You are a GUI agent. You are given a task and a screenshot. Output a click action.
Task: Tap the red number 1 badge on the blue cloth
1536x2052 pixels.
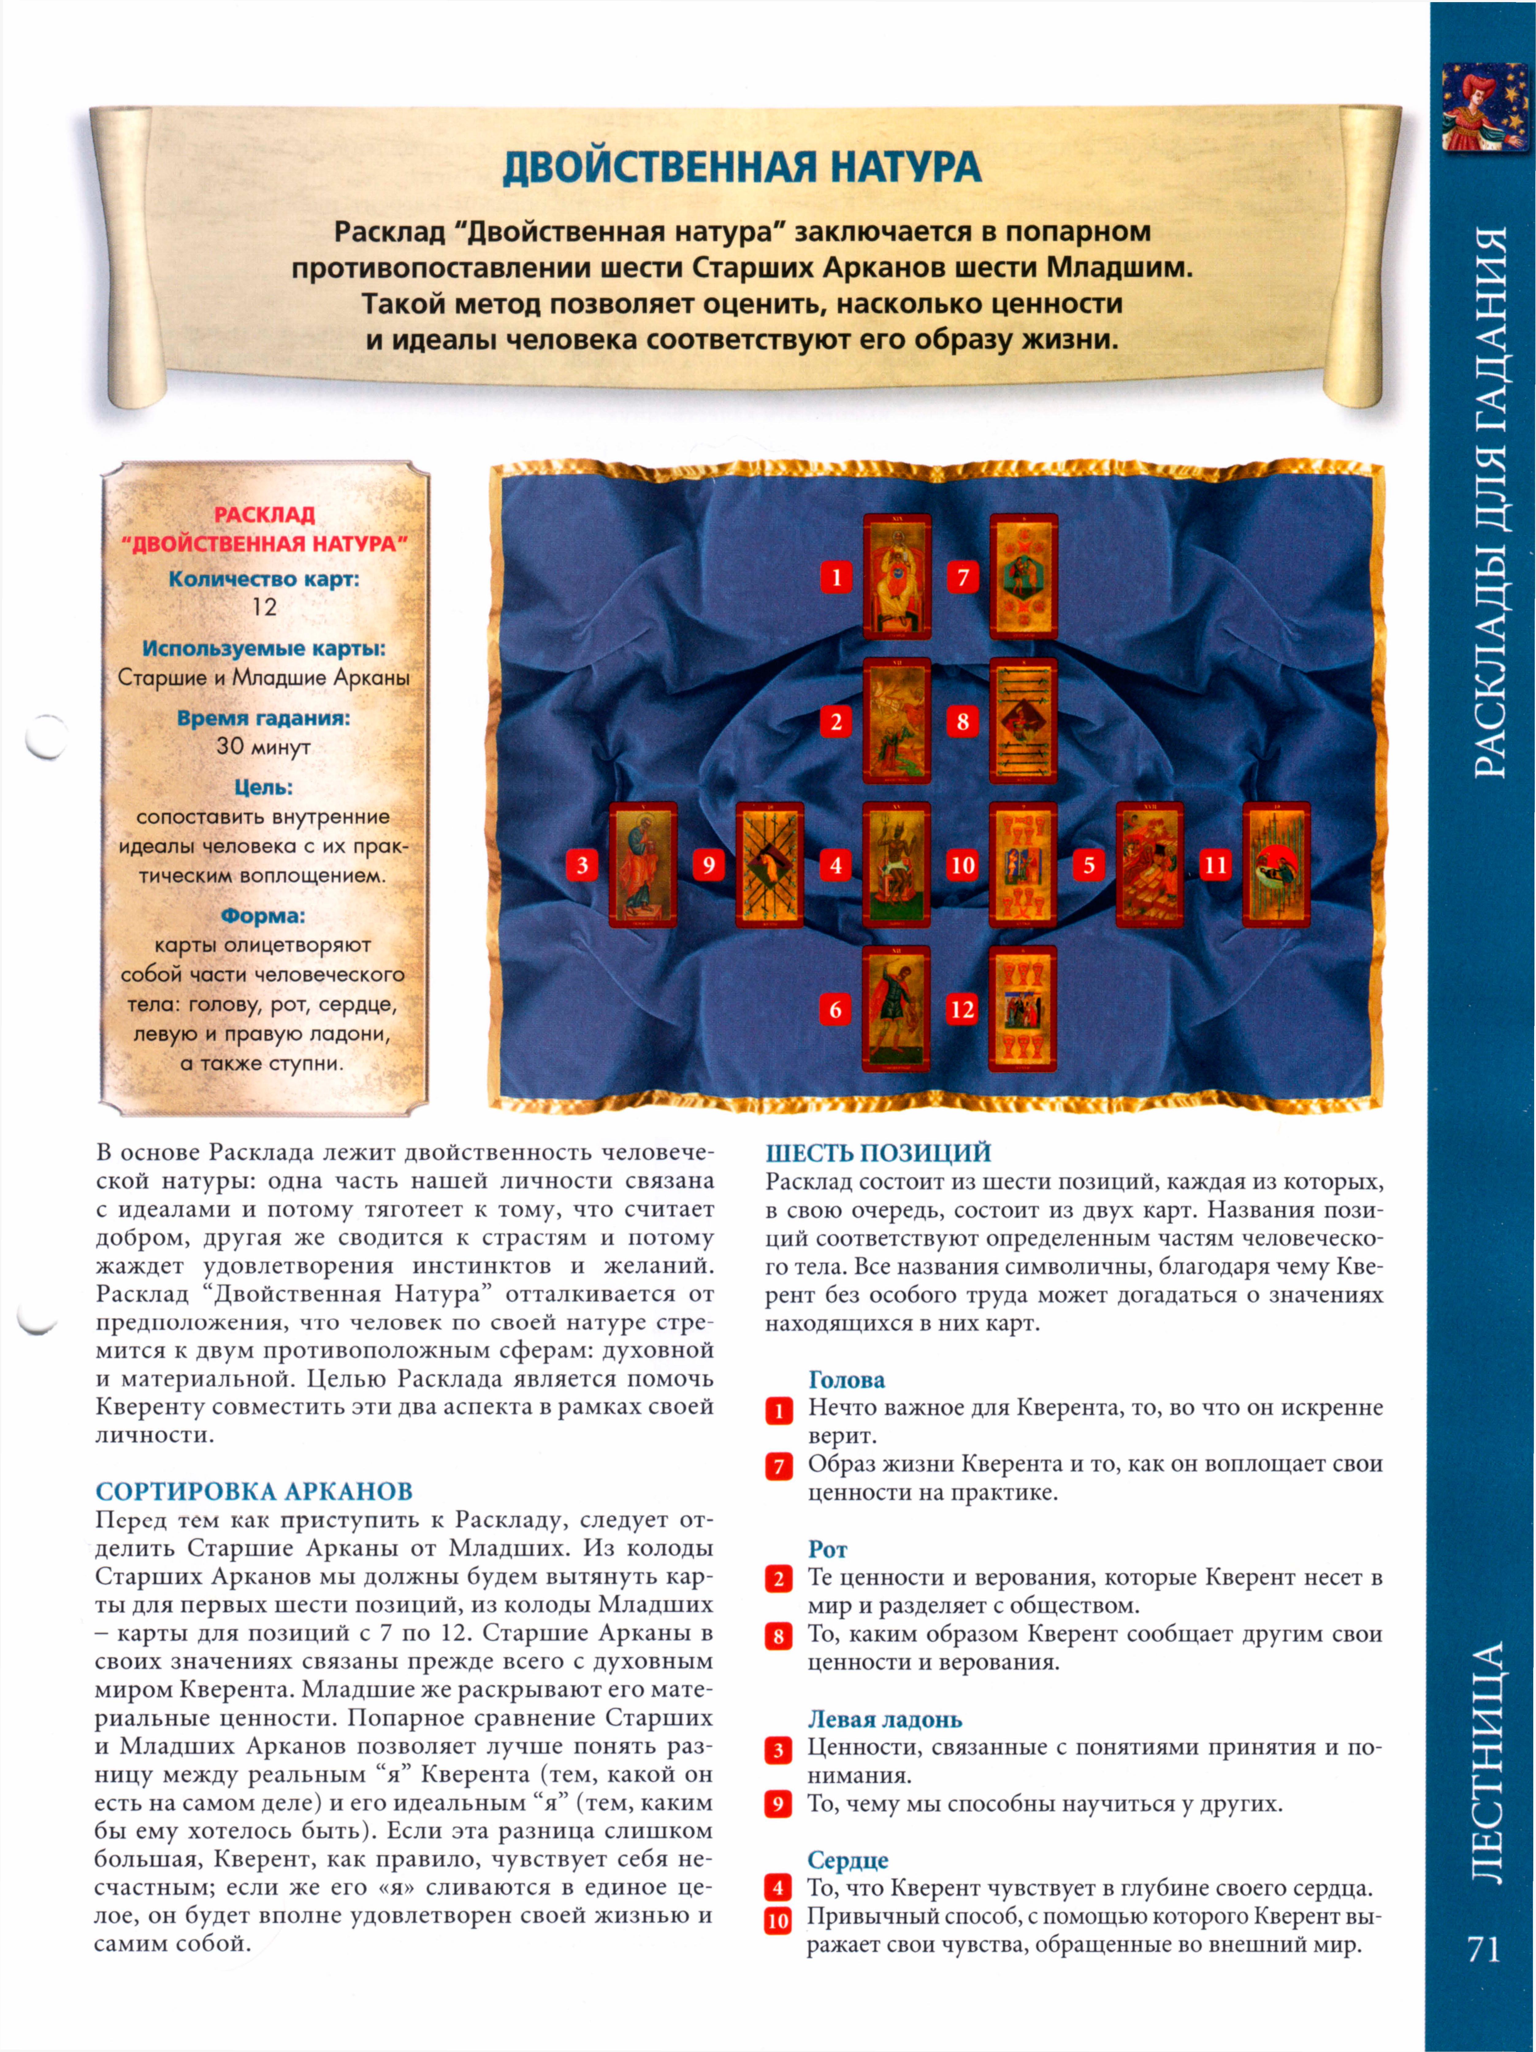[836, 577]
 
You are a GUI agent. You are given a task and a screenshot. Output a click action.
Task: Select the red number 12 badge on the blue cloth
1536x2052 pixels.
[962, 1009]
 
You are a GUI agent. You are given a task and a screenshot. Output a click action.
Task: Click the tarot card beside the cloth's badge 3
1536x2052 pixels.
[643, 865]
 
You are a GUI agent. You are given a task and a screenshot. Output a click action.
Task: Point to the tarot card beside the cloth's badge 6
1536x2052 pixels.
[896, 1009]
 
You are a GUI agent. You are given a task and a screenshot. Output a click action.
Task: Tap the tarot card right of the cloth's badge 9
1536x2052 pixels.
[769, 865]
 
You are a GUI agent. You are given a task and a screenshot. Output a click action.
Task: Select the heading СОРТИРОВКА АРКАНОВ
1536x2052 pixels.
[253, 1492]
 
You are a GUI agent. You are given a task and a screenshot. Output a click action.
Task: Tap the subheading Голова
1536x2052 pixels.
[846, 1380]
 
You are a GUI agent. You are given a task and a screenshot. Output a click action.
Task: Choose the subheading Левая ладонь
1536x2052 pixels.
[884, 1720]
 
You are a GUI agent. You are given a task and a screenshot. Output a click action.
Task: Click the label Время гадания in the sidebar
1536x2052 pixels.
[263, 718]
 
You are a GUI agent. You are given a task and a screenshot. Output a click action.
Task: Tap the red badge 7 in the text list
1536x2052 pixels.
[778, 1467]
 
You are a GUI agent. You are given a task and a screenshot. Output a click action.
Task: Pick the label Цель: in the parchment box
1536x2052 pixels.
[263, 787]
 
